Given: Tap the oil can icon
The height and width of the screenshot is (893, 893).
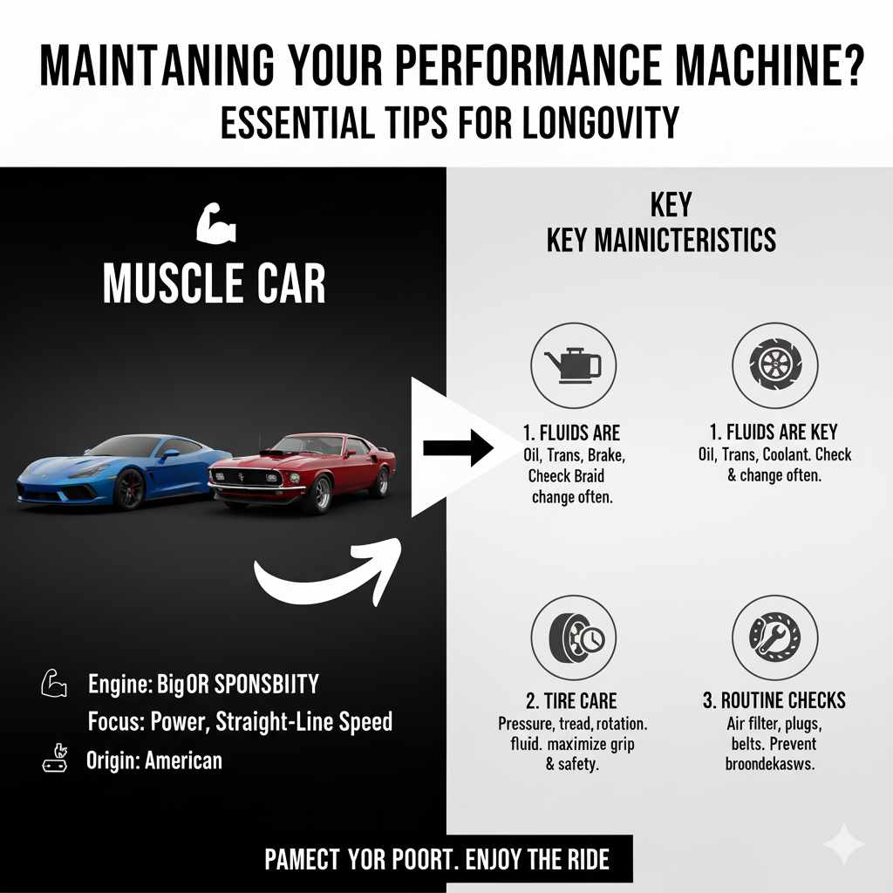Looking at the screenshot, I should click(573, 365).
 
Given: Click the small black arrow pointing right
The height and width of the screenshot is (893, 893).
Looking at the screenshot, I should click(458, 449).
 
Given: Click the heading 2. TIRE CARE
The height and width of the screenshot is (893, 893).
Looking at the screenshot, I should click(573, 701).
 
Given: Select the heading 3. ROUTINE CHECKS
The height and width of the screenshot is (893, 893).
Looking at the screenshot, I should click(774, 701).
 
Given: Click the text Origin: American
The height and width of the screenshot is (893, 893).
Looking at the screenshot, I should click(154, 760).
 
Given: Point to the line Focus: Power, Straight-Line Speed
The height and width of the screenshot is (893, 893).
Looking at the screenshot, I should click(240, 722).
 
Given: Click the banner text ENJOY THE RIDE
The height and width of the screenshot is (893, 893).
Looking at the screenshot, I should click(538, 861).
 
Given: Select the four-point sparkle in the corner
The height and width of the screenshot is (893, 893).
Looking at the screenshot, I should click(843, 844).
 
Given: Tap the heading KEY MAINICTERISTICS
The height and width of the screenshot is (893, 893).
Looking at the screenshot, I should click(661, 239).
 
